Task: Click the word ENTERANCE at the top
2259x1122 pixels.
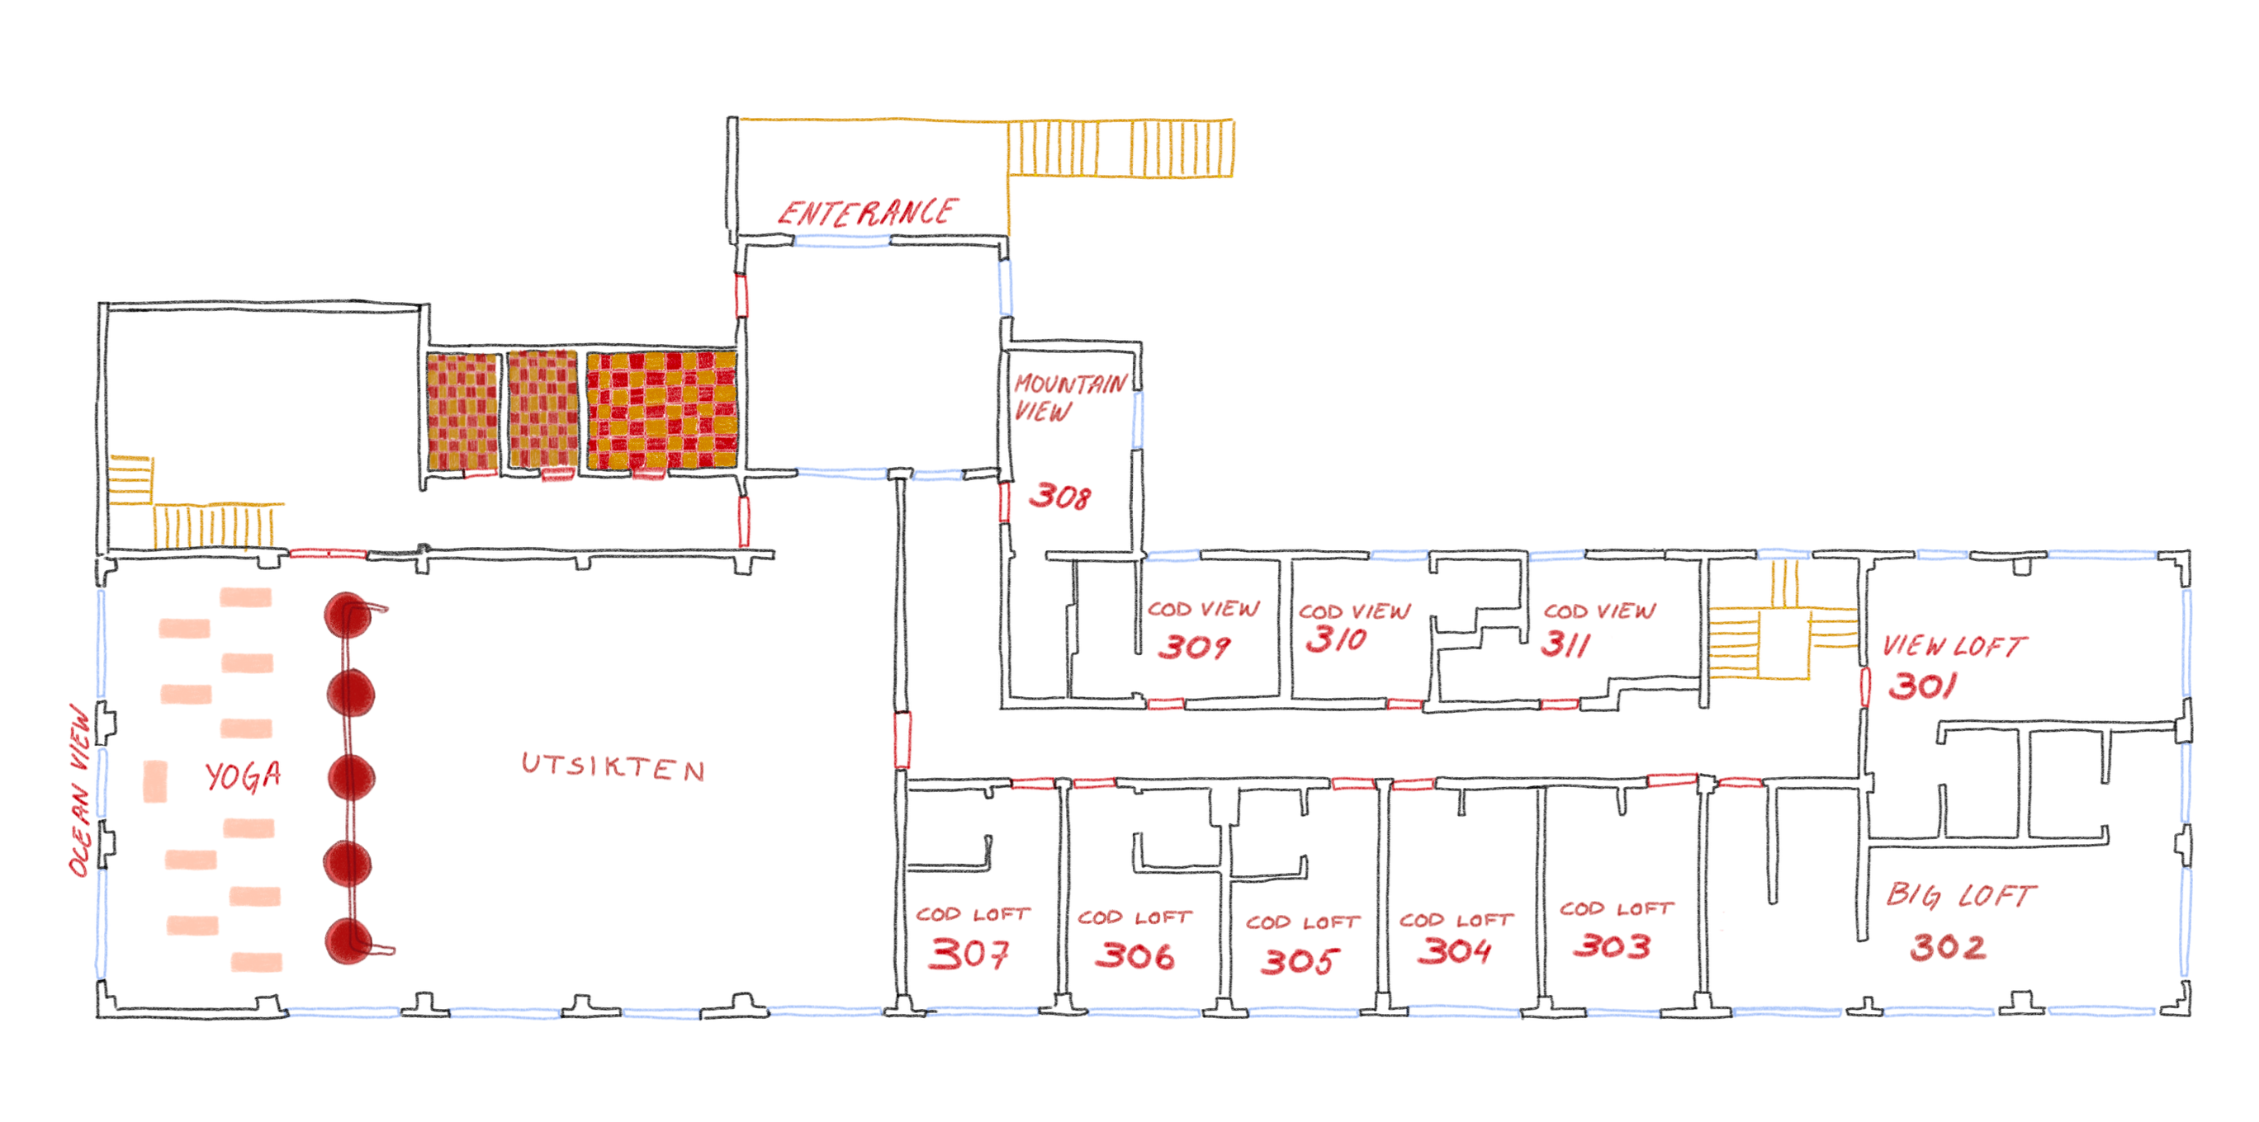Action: (868, 212)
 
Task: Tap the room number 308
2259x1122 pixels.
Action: (1060, 496)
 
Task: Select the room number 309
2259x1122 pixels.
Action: (1194, 647)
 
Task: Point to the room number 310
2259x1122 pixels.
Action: (1336, 639)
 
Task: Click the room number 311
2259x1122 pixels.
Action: (1565, 644)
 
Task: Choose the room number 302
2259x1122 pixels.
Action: (1948, 947)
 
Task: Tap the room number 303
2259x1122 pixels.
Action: (1612, 945)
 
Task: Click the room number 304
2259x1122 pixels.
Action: (1454, 950)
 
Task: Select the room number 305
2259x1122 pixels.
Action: (1300, 960)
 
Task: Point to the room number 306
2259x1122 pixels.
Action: (1134, 955)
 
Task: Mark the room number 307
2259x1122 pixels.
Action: (969, 953)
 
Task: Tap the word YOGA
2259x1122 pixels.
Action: (243, 775)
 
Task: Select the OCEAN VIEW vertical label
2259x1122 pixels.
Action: (81, 790)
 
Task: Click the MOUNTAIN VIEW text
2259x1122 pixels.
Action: (1070, 397)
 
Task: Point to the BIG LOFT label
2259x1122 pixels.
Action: (1961, 895)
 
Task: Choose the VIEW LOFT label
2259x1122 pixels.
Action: (1954, 646)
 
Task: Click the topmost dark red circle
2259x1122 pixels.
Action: (349, 615)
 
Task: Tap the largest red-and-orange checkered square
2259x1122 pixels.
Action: (662, 410)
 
